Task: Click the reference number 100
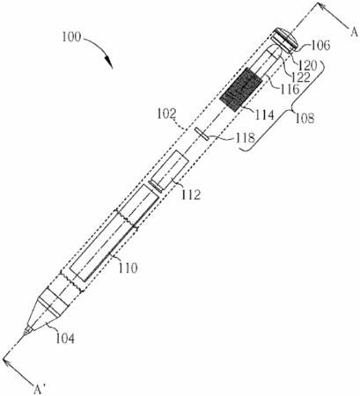70,37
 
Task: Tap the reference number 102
166,114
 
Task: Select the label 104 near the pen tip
65,338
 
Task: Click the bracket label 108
305,118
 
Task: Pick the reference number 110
128,268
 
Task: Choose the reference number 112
191,194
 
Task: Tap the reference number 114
264,114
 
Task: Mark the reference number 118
246,137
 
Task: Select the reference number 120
308,65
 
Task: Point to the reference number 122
301,77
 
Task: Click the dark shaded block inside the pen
240,89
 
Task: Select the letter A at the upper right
354,33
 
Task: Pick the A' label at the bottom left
39,390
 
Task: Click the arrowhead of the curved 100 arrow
109,62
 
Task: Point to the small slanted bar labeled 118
202,134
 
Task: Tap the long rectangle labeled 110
114,232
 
